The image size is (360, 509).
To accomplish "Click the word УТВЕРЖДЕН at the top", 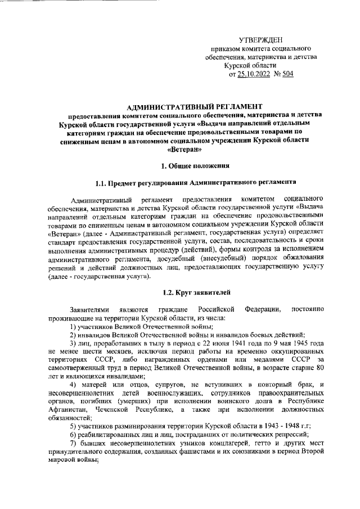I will tap(262, 39).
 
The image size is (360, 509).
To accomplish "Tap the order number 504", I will tap(288, 74).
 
